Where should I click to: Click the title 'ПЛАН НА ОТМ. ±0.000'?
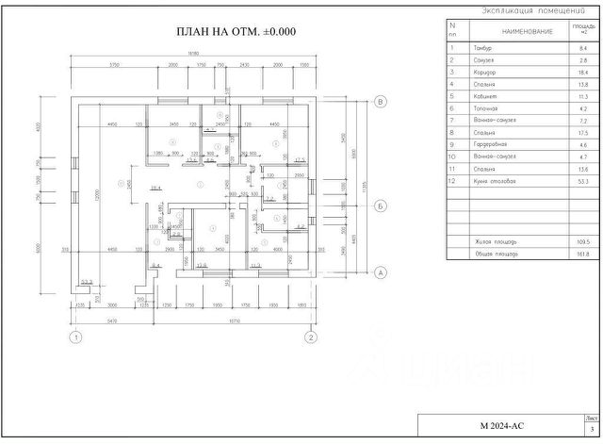236,31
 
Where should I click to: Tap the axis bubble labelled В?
382,102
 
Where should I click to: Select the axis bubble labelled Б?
382,205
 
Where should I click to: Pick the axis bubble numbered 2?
310,336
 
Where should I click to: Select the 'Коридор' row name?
486,72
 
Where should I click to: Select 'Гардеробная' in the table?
491,144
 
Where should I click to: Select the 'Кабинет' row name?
485,96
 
